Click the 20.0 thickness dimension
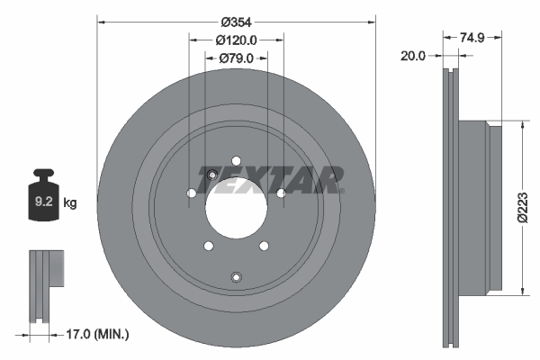click(x=413, y=55)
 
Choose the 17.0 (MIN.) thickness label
click(x=101, y=334)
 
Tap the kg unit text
click(x=70, y=203)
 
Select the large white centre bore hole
click(x=236, y=203)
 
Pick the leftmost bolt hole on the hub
click(x=191, y=193)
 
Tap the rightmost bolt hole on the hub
click(x=281, y=193)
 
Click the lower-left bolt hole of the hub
click(x=208, y=246)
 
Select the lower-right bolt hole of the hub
click(x=264, y=246)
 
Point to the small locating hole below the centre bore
click(x=236, y=276)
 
